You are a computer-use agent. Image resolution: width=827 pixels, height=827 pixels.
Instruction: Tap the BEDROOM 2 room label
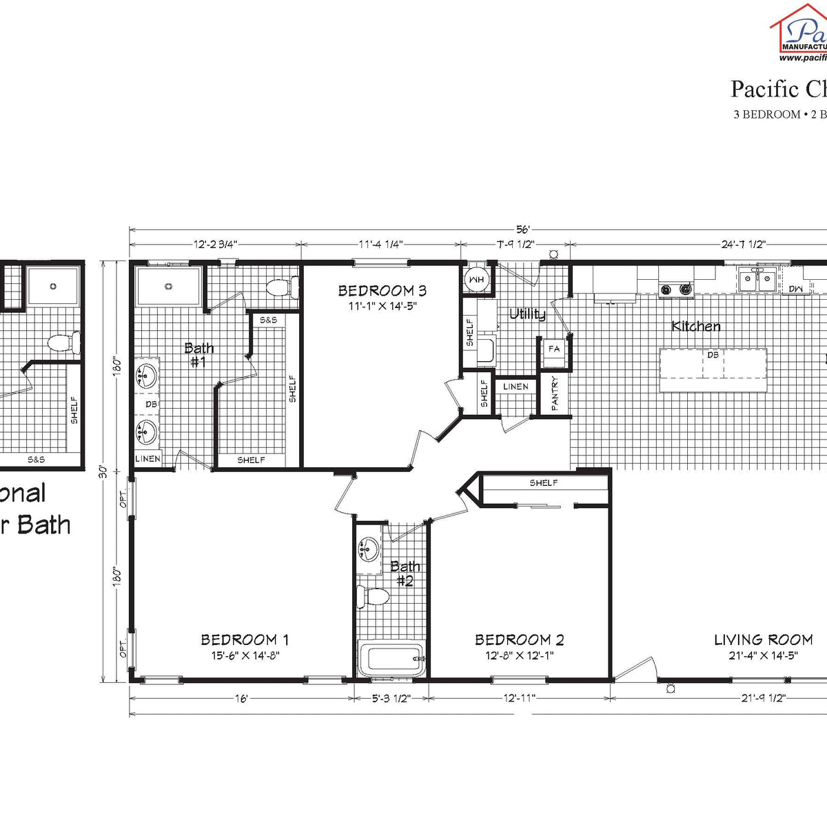519,640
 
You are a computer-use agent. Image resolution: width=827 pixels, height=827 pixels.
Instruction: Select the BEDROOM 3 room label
377,291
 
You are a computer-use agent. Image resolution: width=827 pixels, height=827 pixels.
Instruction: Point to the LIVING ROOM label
763,640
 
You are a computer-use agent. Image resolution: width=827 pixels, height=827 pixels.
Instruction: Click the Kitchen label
696,326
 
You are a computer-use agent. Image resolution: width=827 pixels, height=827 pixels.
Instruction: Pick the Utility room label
527,314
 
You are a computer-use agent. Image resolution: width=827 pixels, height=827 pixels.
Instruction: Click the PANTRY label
555,393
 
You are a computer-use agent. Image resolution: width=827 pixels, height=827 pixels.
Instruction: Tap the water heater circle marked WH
476,279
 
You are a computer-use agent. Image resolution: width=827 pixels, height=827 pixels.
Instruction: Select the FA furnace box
553,349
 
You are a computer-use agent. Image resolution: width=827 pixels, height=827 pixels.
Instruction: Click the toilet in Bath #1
283,287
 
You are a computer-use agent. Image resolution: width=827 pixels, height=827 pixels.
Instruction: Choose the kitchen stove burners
675,289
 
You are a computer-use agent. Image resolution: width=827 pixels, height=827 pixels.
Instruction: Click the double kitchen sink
757,279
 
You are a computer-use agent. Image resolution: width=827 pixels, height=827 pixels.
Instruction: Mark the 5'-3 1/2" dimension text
391,698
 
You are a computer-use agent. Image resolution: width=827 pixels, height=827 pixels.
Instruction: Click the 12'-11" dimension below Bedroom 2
519,698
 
